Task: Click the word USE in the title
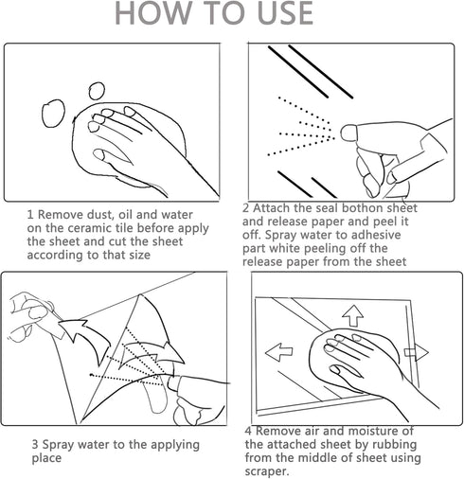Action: tap(286, 13)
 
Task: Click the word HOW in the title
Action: tap(153, 13)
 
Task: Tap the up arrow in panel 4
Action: tap(352, 315)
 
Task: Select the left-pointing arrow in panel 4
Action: tap(279, 352)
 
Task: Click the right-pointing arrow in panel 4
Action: tap(417, 352)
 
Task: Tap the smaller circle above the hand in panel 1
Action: tap(97, 91)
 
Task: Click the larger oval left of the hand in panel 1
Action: tap(53, 114)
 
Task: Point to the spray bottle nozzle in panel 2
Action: tap(348, 133)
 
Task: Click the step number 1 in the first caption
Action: tap(30, 215)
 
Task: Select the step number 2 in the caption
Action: tap(246, 208)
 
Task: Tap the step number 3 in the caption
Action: tap(35, 445)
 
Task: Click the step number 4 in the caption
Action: tap(248, 431)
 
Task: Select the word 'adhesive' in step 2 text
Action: tap(376, 235)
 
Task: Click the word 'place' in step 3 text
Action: tap(46, 458)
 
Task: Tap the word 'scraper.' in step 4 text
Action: tap(267, 471)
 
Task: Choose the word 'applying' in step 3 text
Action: tap(175, 446)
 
